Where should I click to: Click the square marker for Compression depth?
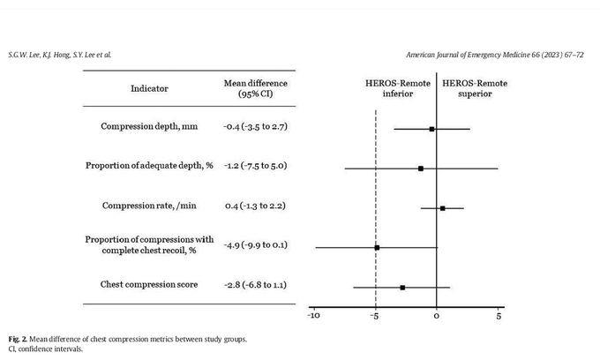click(431, 130)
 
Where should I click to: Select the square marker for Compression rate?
click(442, 208)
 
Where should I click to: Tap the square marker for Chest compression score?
click(402, 288)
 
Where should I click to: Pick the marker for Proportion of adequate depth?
click(421, 169)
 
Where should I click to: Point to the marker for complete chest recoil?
click(377, 248)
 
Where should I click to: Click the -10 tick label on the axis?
click(314, 316)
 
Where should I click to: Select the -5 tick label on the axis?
click(375, 316)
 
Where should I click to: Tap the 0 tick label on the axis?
click(437, 316)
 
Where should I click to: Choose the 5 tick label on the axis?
click(499, 316)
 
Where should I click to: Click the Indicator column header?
click(149, 88)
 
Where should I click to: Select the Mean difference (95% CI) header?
click(256, 88)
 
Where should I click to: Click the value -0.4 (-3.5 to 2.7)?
click(255, 127)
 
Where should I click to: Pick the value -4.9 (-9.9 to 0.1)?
click(255, 244)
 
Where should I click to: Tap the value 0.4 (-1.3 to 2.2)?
click(255, 206)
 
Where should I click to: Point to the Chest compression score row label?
click(149, 285)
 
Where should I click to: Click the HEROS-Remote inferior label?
click(398, 88)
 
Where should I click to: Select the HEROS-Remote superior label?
click(475, 88)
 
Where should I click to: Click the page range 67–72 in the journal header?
click(574, 55)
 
